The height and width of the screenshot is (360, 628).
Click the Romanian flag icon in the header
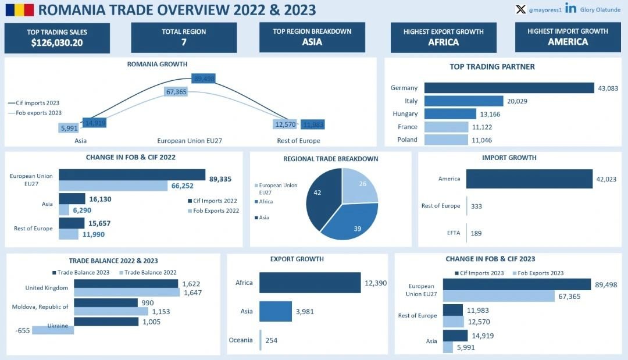tap(19, 9)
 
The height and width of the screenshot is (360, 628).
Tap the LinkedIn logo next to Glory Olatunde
tap(570, 9)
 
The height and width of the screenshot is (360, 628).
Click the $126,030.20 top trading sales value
tap(57, 42)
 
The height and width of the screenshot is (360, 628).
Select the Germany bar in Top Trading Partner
tap(510, 88)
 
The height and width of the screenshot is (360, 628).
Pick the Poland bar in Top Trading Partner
tap(445, 140)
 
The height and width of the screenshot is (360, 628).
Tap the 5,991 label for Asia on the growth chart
tap(69, 128)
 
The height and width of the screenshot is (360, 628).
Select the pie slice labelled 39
tap(352, 220)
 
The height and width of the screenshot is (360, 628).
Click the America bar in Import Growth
tap(529, 179)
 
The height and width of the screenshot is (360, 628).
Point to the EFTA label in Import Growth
tap(454, 233)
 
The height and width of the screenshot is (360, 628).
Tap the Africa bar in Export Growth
tap(310, 283)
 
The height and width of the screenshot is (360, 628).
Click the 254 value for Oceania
tap(271, 340)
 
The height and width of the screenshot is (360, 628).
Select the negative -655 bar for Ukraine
tap(53, 330)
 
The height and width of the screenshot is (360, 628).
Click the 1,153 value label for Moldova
tap(161, 312)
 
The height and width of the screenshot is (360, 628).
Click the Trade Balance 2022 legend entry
tap(148, 272)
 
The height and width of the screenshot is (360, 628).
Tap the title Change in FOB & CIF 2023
tap(490, 259)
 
